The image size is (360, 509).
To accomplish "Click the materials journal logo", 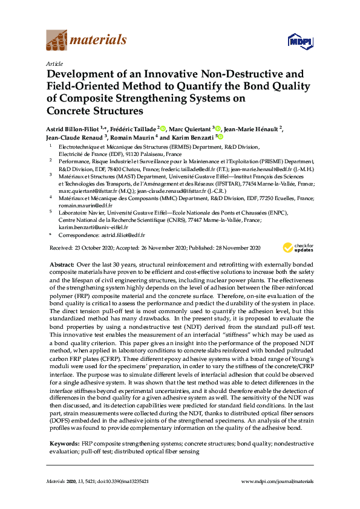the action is (x=86, y=41).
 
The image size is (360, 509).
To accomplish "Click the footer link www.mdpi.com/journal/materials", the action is (x=278, y=481).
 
